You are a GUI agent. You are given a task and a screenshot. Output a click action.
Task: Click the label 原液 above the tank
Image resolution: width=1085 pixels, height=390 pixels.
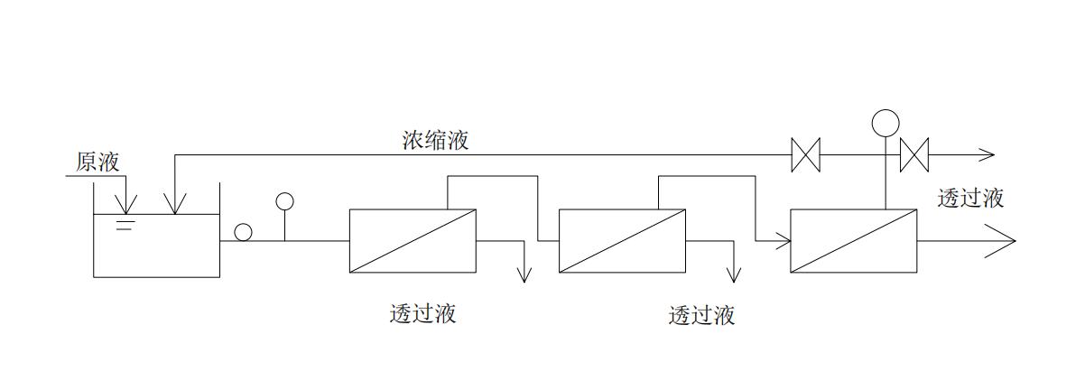[98, 162]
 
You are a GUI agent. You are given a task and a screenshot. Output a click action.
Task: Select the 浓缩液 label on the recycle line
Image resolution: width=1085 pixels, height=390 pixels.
[435, 140]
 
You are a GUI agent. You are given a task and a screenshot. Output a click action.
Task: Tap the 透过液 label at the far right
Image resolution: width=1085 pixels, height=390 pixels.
[970, 198]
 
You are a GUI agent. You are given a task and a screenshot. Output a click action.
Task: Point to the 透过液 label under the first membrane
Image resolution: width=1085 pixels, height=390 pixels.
[422, 313]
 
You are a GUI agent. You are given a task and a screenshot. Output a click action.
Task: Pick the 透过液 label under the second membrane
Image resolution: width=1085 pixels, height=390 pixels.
[701, 315]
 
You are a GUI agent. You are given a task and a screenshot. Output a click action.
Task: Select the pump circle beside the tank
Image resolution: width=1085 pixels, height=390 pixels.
[243, 232]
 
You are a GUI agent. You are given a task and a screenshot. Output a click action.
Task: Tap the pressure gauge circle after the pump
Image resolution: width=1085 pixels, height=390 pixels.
[284, 201]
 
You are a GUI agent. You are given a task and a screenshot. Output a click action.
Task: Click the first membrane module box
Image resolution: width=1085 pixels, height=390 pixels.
[413, 240]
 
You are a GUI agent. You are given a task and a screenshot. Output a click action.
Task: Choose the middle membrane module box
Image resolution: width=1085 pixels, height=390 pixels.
[622, 240]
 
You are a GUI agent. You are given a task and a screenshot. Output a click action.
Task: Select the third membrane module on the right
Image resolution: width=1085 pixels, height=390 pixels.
[853, 240]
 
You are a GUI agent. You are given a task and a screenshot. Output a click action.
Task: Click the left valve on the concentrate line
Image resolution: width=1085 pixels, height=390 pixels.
[804, 154]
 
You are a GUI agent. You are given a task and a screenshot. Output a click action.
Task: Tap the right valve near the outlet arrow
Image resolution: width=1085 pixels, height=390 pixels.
[914, 154]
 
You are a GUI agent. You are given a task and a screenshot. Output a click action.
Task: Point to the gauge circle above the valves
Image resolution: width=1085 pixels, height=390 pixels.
[886, 122]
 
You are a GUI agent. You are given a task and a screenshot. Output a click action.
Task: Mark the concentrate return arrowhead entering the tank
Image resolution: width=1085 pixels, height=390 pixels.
[174, 207]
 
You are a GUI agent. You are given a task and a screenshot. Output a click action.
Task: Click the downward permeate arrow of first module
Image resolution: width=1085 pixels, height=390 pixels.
[524, 274]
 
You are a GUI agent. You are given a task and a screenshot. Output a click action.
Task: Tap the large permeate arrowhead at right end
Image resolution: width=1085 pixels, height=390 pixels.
[1004, 241]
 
